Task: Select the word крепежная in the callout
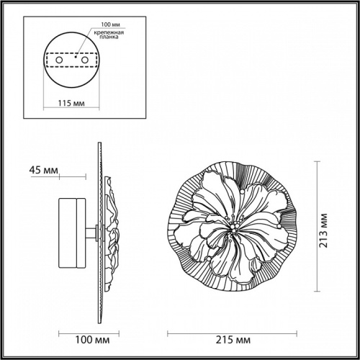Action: pos(107,34)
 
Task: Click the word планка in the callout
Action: pos(104,41)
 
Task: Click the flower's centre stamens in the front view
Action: pos(233,228)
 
